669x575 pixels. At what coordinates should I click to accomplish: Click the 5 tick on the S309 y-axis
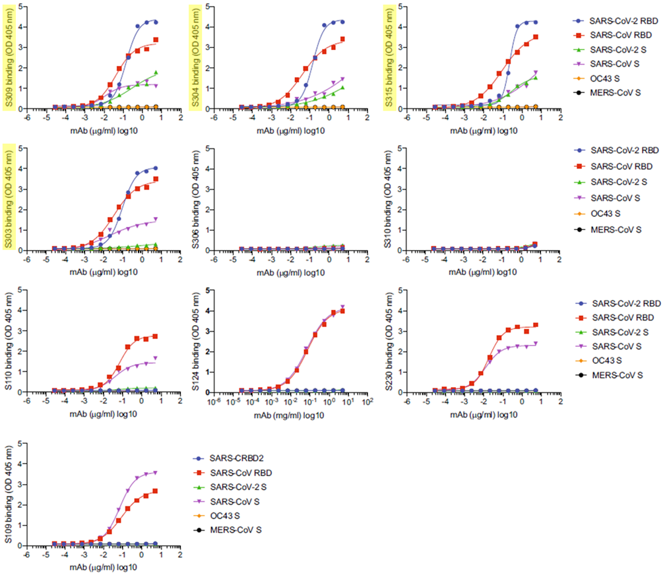click(21, 7)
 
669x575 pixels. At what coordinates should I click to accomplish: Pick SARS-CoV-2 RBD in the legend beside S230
click(625, 304)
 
